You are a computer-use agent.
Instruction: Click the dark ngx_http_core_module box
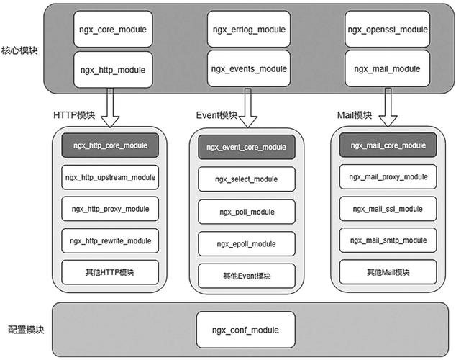[x=110, y=145]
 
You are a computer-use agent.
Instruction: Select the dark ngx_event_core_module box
[x=245, y=147]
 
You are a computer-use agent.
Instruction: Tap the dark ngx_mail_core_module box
[x=388, y=145]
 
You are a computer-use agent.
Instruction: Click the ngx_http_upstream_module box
[x=110, y=177]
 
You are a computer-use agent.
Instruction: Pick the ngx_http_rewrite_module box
[x=110, y=240]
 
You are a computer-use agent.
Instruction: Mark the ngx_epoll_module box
[x=245, y=244]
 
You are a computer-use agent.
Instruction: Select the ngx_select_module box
[x=245, y=179]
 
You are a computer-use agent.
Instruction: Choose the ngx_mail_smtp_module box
[x=388, y=240]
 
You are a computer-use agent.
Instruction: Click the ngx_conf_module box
[x=245, y=330]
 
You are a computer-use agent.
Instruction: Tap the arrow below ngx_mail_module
[x=389, y=106]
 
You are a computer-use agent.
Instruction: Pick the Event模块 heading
[x=216, y=115]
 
